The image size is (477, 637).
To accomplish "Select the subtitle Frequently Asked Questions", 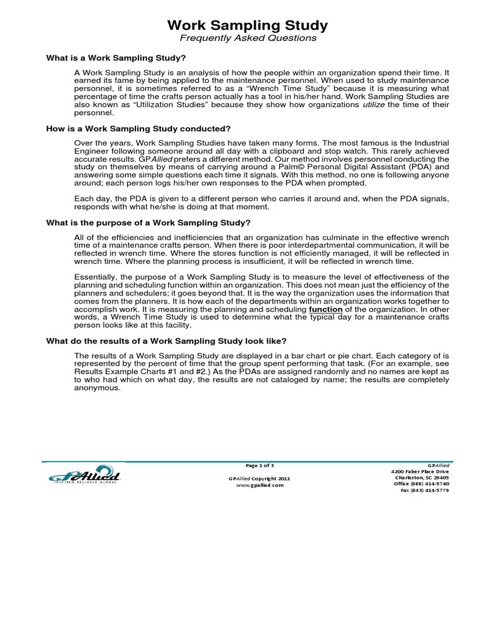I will tap(248, 39).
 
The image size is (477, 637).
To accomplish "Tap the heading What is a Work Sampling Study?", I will tap(116, 58).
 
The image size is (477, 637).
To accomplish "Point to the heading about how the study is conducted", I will tap(139, 129).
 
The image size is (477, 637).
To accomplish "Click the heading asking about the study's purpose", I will tap(148, 223).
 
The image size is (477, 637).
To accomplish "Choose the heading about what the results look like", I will tap(166, 341).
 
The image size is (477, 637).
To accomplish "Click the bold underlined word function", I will tap(325, 309).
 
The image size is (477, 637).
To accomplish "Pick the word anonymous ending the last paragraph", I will tap(98, 387).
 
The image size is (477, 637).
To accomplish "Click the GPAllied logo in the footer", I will tap(84, 475).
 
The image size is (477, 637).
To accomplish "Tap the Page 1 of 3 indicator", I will tap(260, 465).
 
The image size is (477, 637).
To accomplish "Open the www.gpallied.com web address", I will tap(260, 485).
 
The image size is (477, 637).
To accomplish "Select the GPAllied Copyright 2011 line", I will tap(260, 478).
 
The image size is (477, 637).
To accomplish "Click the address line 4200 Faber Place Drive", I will tap(420, 472).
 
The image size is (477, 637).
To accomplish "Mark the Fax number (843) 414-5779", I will tap(424, 490).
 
